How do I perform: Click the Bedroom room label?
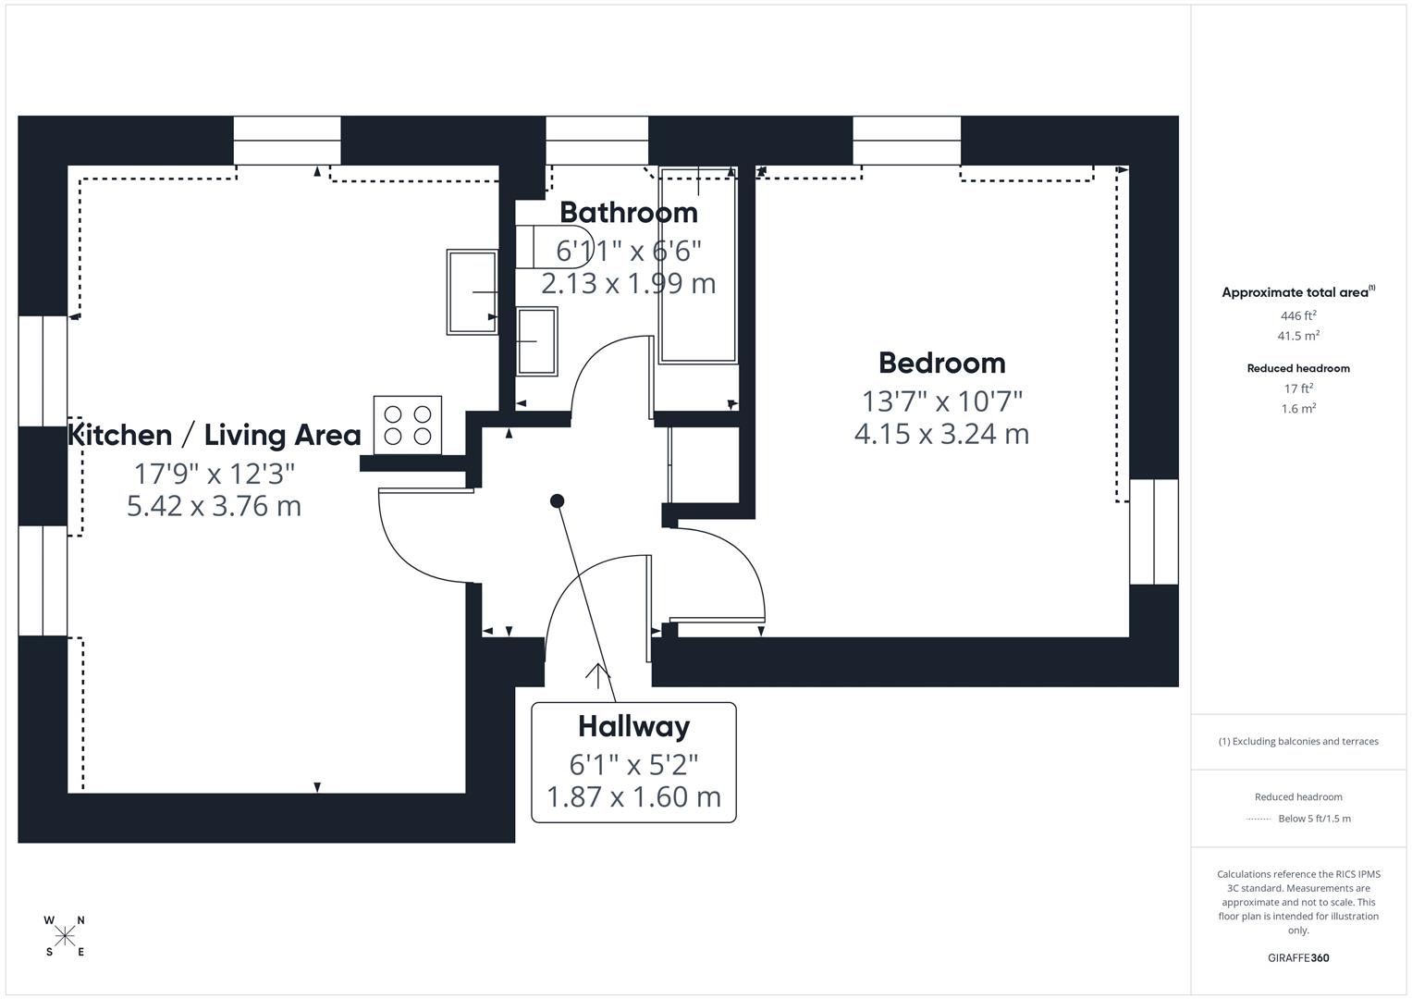[x=941, y=363]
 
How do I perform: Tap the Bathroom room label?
[x=628, y=213]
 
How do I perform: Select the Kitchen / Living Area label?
[x=215, y=435]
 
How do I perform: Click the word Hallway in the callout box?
[x=633, y=727]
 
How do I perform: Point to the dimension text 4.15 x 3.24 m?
[x=941, y=434]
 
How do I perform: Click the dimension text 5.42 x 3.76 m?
[x=214, y=506]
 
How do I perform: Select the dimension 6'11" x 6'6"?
[x=628, y=251]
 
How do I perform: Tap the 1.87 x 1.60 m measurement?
[x=633, y=796]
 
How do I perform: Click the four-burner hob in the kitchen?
[x=408, y=425]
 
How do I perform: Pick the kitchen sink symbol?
[x=473, y=292]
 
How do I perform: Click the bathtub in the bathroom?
[x=698, y=268]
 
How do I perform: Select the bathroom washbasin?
[x=537, y=341]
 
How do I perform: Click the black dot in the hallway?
[x=558, y=501]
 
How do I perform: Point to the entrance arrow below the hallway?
[x=598, y=676]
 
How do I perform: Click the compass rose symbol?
[x=65, y=936]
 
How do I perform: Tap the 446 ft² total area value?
[x=1298, y=315]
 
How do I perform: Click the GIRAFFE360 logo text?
[x=1298, y=958]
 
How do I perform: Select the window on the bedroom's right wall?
[x=1153, y=532]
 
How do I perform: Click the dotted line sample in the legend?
[x=1259, y=819]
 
